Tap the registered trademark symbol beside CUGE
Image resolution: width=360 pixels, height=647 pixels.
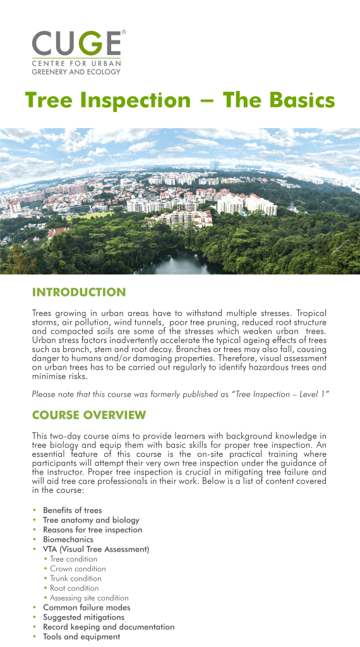124,31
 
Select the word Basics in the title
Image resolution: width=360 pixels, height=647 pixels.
296,100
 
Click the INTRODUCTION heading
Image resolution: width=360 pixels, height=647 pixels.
79,293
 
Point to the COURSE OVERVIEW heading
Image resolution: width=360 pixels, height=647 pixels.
88,415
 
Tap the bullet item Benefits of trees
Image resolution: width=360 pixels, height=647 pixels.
72,510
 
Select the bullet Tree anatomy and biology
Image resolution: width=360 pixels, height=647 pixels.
91,520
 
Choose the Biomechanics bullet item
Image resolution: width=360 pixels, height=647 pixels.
68,540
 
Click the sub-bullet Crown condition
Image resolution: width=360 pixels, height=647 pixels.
78,569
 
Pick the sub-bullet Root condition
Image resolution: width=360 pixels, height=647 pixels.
75,588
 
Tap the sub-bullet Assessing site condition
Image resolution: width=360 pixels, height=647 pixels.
89,598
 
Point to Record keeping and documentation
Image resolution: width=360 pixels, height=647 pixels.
108,627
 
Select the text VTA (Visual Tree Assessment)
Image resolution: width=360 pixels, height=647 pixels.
95,549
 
